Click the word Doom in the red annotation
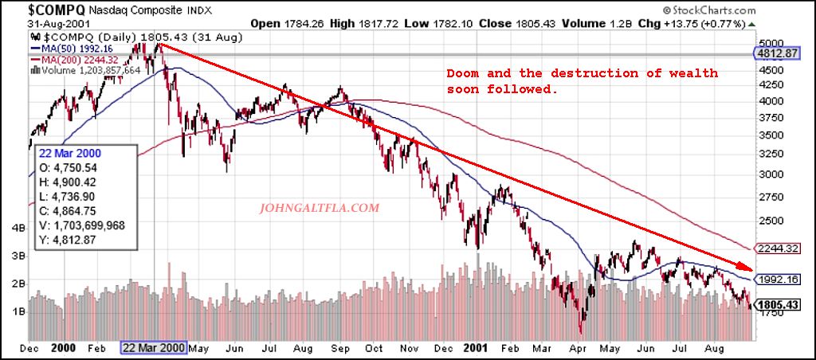[463, 73]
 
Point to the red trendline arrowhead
[744, 269]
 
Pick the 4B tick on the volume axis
[17, 228]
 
